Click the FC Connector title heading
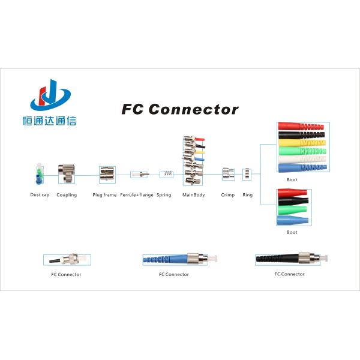point(180,110)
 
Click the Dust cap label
point(40,195)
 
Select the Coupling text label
point(67,195)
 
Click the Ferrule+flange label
point(137,195)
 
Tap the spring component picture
point(167,175)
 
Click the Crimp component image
point(227,174)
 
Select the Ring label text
point(247,195)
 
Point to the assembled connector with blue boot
point(174,259)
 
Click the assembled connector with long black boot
point(289,259)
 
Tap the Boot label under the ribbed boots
point(292,179)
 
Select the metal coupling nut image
point(66,174)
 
